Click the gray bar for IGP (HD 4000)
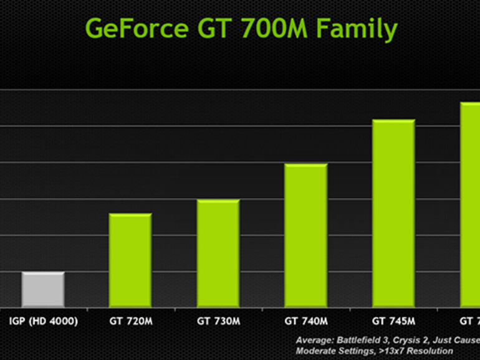43,290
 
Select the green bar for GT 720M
130,260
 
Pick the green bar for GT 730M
218,253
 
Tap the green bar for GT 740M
306,235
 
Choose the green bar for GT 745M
393,213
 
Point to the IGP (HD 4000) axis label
43,321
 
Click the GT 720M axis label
130,321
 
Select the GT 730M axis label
218,321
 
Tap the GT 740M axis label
306,321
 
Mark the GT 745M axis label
393,321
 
